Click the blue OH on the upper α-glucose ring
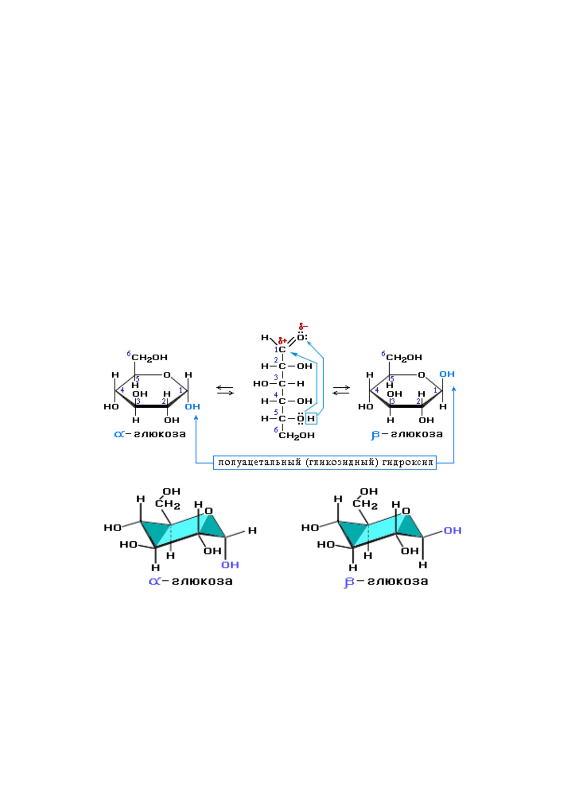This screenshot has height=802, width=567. tap(193, 406)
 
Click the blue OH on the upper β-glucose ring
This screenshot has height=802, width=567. tap(447, 374)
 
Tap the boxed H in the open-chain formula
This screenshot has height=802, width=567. tap(311, 419)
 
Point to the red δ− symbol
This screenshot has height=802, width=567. tap(303, 326)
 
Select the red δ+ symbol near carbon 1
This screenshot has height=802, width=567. tap(283, 341)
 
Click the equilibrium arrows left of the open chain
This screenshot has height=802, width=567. tap(225, 390)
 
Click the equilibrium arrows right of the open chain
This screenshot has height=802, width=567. tap(341, 390)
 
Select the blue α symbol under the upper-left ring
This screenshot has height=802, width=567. tap(119, 434)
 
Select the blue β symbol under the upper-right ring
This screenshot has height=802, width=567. tap(375, 435)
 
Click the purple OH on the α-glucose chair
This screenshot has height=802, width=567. tap(230, 565)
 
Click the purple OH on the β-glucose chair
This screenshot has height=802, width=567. tap(453, 530)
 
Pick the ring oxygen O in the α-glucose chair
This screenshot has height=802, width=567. tap(209, 511)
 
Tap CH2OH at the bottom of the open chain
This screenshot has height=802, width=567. tap(297, 435)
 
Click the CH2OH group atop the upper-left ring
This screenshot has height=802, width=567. tap(149, 358)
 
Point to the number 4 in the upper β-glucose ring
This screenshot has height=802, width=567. tap(377, 390)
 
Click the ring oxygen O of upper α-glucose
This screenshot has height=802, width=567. tap(167, 375)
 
